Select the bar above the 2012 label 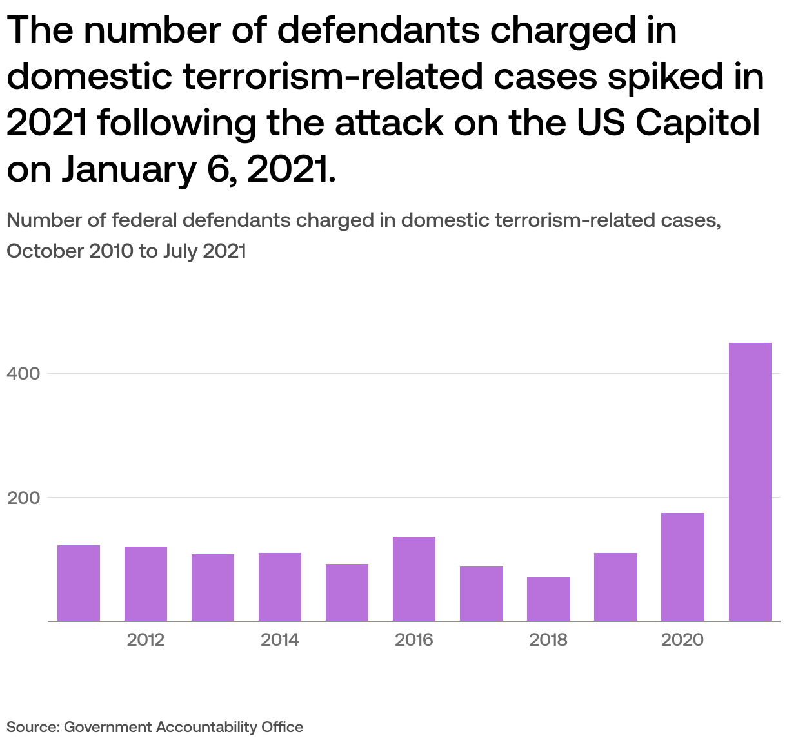pyautogui.click(x=146, y=584)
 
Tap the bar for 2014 pyautogui.click(x=280, y=587)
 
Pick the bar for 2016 pyautogui.click(x=414, y=579)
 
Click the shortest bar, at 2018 pyautogui.click(x=548, y=599)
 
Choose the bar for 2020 pyautogui.click(x=682, y=567)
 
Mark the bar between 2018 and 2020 pyautogui.click(x=615, y=587)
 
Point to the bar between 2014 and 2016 pyautogui.click(x=347, y=592)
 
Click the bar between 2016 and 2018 pyautogui.click(x=481, y=594)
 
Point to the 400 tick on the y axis pyautogui.click(x=24, y=374)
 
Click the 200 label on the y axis pyautogui.click(x=24, y=498)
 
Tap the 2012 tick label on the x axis pyautogui.click(x=146, y=640)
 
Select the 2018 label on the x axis pyautogui.click(x=548, y=640)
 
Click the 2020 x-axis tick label pyautogui.click(x=682, y=640)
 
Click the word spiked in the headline pyautogui.click(x=665, y=77)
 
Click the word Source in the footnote pyautogui.click(x=32, y=727)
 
